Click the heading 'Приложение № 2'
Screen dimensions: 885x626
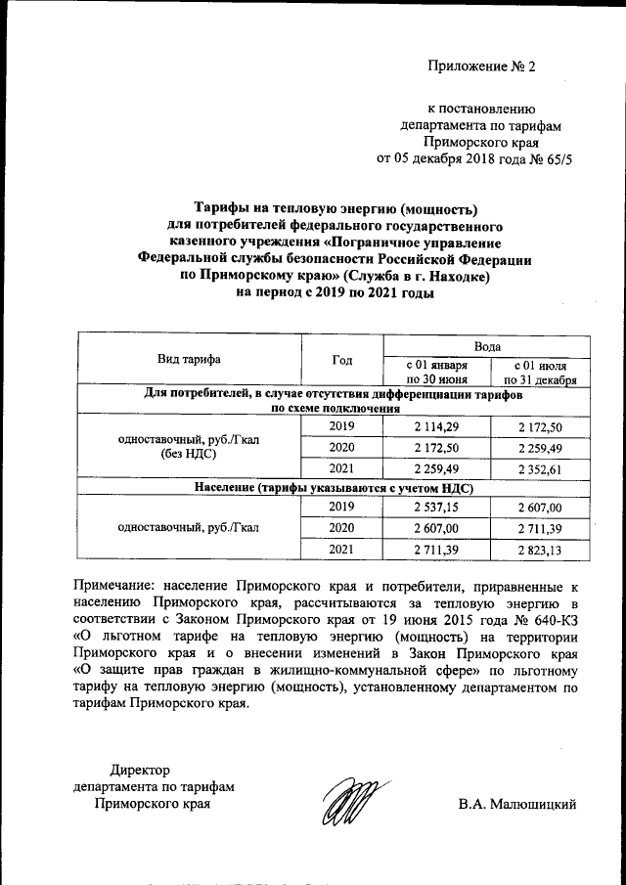[482, 66]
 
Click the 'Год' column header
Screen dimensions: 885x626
[342, 360]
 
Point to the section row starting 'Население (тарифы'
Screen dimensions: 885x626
[334, 487]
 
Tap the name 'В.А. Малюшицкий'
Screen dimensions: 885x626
[517, 805]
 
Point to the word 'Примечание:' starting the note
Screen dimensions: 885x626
[116, 587]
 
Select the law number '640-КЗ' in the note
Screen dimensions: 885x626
[557, 621]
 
